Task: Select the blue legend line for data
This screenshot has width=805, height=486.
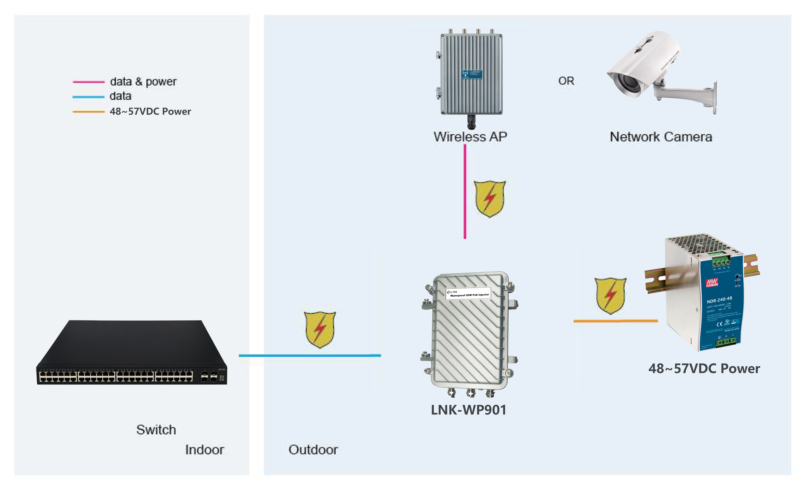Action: [88, 97]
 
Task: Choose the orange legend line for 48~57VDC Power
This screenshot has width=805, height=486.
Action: [88, 112]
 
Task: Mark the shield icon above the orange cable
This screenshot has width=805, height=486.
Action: [610, 296]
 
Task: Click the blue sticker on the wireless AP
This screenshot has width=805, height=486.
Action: [471, 74]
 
